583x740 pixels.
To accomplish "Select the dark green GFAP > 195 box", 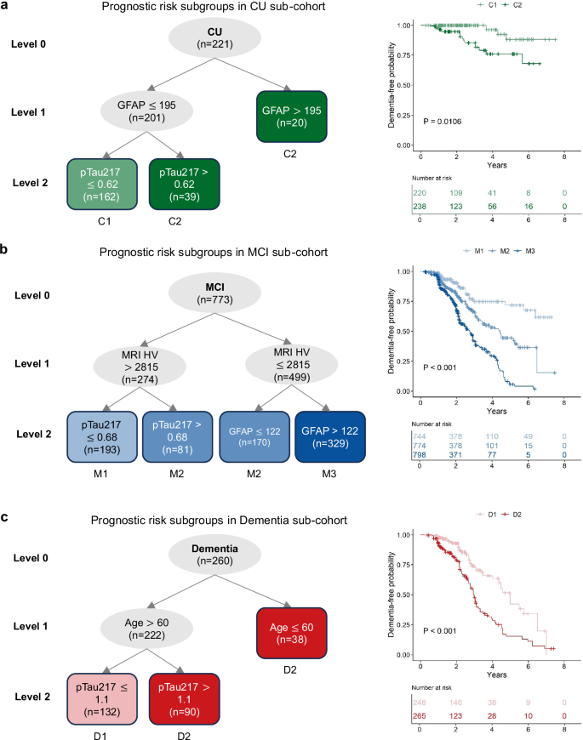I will (289, 116).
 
